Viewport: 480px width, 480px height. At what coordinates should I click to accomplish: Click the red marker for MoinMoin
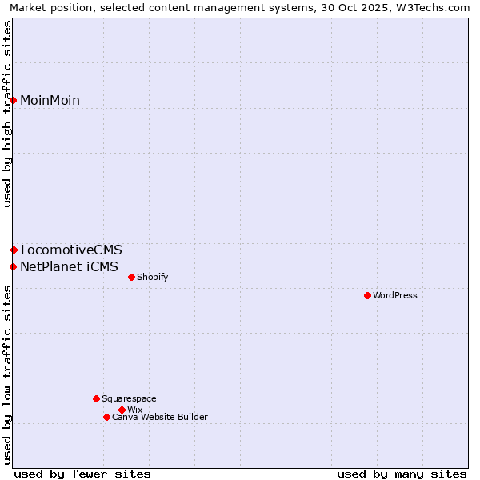[x=14, y=100]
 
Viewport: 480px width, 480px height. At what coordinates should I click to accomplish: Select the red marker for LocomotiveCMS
[x=14, y=250]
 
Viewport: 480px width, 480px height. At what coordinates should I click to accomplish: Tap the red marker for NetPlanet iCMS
[x=14, y=266]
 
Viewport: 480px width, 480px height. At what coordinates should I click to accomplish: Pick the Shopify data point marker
[x=131, y=277]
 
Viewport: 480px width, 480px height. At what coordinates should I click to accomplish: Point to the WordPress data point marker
[x=367, y=295]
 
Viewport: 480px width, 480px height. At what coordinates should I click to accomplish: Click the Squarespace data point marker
[x=96, y=398]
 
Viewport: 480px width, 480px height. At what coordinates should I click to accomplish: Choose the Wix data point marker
[x=122, y=410]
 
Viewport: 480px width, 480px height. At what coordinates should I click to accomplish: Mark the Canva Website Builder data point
[x=106, y=417]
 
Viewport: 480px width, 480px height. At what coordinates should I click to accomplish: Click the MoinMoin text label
[x=50, y=101]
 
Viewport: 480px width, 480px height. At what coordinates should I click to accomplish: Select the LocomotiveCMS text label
[x=71, y=250]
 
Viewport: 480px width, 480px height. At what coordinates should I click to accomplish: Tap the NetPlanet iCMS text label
[x=69, y=267]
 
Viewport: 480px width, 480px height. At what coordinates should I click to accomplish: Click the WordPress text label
[x=395, y=295]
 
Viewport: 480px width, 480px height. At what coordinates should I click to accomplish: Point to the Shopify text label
[x=152, y=278]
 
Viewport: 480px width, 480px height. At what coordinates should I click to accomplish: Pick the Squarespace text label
[x=129, y=398]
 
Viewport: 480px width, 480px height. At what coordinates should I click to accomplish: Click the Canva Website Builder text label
[x=160, y=417]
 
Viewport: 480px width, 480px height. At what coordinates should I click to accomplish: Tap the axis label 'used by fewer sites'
[x=82, y=474]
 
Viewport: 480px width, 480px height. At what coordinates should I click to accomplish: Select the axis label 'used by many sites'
[x=402, y=474]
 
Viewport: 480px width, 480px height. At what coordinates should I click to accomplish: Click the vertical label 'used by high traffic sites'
[x=7, y=114]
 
